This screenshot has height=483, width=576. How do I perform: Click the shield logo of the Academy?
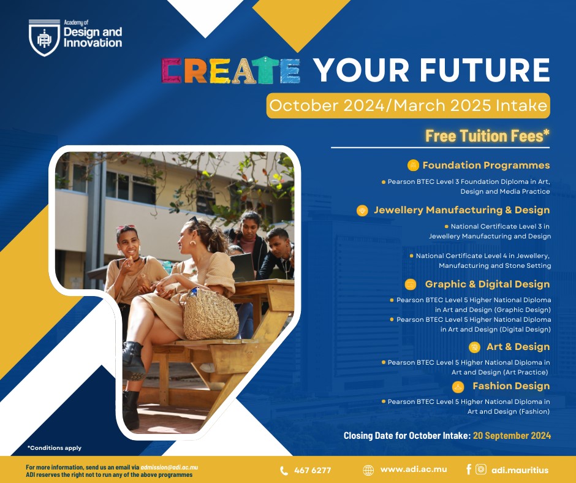pyautogui.click(x=44, y=38)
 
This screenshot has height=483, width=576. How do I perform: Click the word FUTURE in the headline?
pyautogui.click(x=485, y=70)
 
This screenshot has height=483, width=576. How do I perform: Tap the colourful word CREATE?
pyautogui.click(x=231, y=70)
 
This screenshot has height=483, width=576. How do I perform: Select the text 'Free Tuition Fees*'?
pyautogui.click(x=488, y=135)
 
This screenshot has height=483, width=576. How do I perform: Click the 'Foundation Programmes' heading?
pyautogui.click(x=486, y=165)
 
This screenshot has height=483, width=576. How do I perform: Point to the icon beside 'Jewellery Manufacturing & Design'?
pyautogui.click(x=362, y=211)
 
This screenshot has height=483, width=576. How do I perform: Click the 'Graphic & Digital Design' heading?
pyautogui.click(x=487, y=284)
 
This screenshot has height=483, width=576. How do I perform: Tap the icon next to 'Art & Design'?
pyautogui.click(x=475, y=347)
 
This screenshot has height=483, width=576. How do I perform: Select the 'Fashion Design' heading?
pyautogui.click(x=511, y=386)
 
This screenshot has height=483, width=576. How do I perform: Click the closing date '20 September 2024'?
pyautogui.click(x=512, y=436)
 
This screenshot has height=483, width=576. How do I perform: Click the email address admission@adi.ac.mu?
pyautogui.click(x=169, y=468)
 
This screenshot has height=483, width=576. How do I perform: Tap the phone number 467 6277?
pyautogui.click(x=313, y=470)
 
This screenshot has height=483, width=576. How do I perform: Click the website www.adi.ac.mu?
pyautogui.click(x=414, y=470)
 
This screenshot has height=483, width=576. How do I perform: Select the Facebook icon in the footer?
pyautogui.click(x=468, y=469)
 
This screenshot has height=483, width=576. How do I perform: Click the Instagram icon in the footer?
pyautogui.click(x=481, y=470)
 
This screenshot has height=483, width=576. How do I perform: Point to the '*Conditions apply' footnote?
pyautogui.click(x=55, y=447)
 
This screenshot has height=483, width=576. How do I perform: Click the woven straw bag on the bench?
pyautogui.click(x=211, y=314)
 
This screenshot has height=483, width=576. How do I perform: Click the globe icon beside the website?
pyautogui.click(x=368, y=470)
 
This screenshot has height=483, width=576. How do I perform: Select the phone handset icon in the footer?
pyautogui.click(x=284, y=471)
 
